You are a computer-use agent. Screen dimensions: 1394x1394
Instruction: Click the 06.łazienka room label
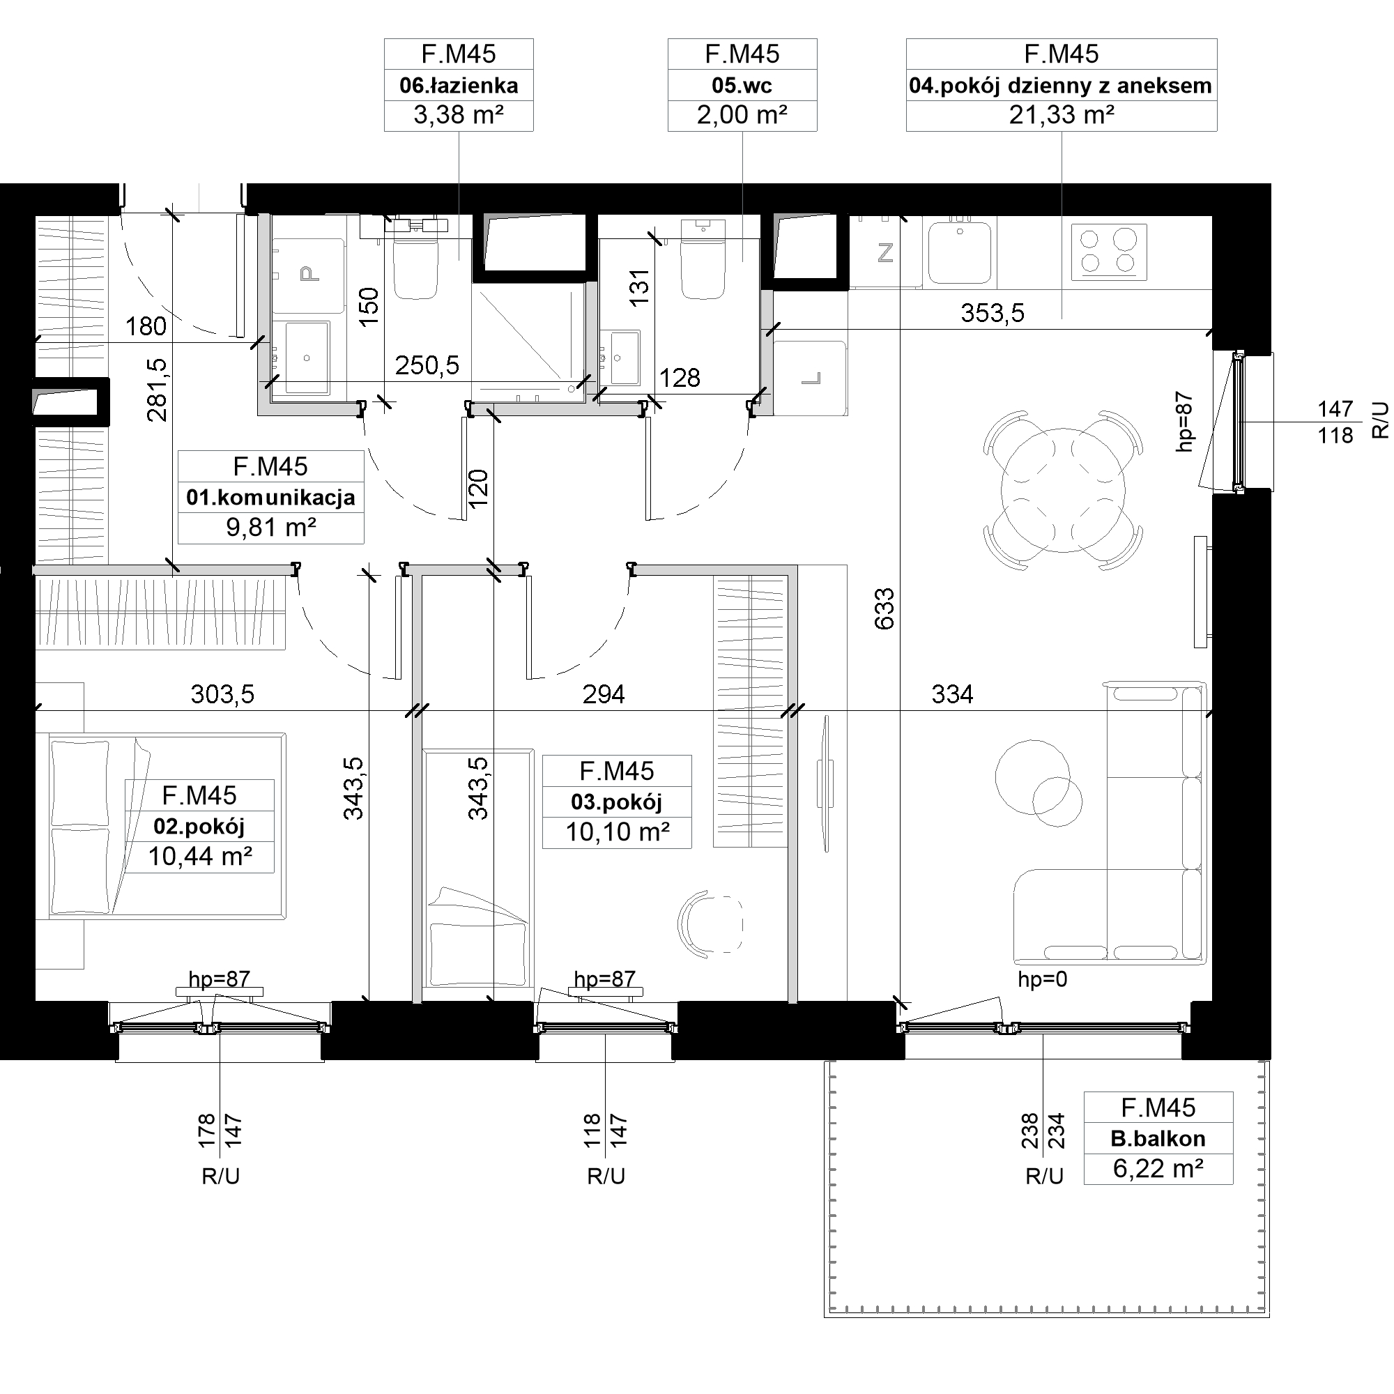[x=459, y=86]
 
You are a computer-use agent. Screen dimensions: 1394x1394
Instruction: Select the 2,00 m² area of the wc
[x=742, y=115]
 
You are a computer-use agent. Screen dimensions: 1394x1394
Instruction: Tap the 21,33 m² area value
[x=1062, y=115]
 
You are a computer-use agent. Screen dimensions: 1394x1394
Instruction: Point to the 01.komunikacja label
[x=270, y=498]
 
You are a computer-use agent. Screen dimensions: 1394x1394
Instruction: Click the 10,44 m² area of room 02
[x=200, y=857]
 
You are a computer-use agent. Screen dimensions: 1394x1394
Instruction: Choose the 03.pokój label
[x=616, y=802]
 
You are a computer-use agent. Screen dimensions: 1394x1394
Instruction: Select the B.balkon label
[x=1158, y=1139]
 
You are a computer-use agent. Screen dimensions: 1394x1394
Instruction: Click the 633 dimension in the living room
[x=884, y=608]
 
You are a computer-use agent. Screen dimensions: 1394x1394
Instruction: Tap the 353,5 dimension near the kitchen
[x=992, y=313]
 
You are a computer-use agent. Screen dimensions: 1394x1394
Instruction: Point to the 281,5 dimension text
[x=157, y=390]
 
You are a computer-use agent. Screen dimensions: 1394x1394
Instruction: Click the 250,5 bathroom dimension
[x=427, y=366]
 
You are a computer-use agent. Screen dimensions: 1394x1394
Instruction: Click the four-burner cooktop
[x=1109, y=252]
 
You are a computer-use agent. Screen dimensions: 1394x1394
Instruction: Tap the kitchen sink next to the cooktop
[x=960, y=252]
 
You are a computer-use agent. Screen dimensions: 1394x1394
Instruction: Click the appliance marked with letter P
[x=308, y=275]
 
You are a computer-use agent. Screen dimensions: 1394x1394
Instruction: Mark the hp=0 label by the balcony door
[x=1042, y=979]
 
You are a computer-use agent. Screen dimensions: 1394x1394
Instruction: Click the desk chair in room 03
[x=710, y=924]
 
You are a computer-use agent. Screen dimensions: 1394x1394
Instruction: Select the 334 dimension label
[x=952, y=694]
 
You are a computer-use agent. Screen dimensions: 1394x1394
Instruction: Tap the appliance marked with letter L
[x=811, y=378]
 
